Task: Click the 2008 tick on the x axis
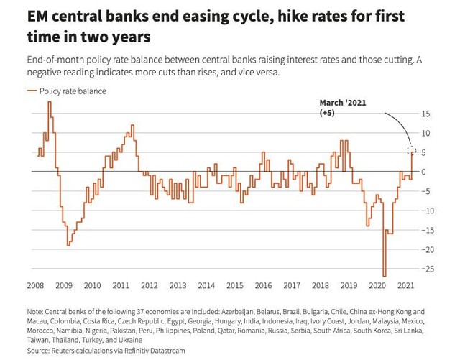tap(35, 285)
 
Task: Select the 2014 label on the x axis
tap(206, 285)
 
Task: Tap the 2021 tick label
tap(405, 285)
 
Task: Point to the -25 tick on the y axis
tap(426, 269)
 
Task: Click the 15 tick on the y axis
tap(426, 114)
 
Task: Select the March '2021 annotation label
tap(342, 103)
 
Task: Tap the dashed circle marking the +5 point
tap(411, 150)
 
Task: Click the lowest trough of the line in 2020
tap(385, 276)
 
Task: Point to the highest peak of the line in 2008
tap(49, 102)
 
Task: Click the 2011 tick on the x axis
tap(121, 285)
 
